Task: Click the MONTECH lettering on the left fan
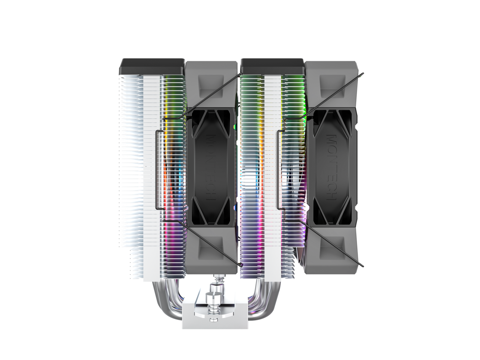211,167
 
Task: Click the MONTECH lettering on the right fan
331,167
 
